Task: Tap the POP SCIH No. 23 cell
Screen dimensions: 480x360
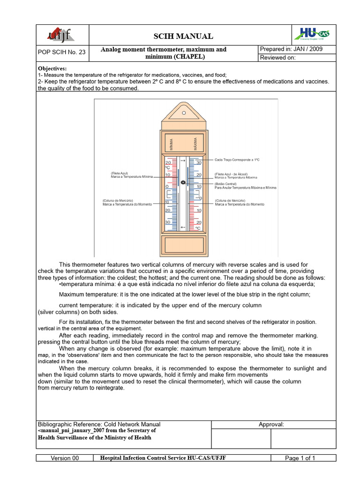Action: coord(62,52)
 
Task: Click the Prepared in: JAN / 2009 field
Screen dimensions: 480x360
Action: coord(291,49)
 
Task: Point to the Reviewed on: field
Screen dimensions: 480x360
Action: coord(278,58)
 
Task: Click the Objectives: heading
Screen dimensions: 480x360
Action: coord(52,68)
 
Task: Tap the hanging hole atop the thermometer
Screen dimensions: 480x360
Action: coord(184,112)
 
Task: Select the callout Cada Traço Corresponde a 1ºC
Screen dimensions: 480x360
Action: coord(237,160)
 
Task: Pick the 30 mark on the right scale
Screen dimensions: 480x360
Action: coord(199,163)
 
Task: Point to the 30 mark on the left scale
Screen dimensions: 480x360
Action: coord(167,222)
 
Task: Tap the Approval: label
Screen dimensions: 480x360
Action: coord(271,424)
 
